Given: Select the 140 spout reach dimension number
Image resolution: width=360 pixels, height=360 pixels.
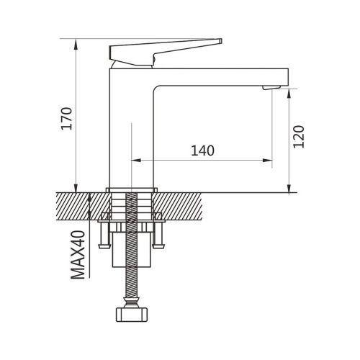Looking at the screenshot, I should coord(203,150).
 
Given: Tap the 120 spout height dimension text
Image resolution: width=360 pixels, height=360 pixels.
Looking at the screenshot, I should coord(301,136).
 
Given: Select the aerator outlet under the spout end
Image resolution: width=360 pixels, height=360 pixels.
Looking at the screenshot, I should coord(269,87).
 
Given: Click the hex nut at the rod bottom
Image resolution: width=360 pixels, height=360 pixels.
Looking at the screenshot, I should coord(132,315).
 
